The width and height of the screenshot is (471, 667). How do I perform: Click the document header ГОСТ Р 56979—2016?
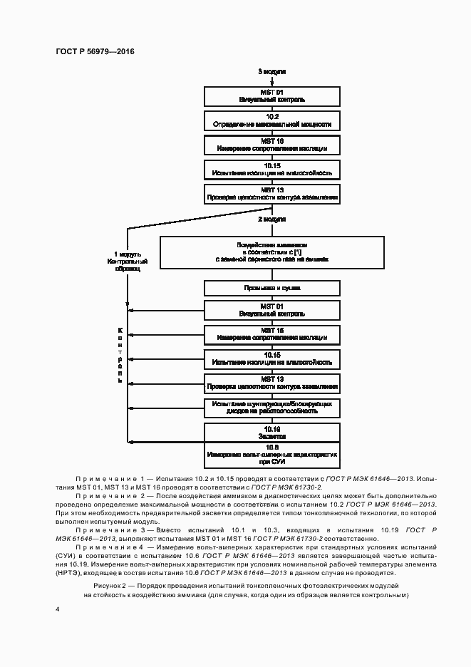95,52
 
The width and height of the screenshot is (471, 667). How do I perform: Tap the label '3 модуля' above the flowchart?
271,73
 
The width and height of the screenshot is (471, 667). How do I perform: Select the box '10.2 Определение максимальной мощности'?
271,120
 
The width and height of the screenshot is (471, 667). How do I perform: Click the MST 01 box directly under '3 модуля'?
271,95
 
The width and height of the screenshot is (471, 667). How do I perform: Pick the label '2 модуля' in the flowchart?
271,219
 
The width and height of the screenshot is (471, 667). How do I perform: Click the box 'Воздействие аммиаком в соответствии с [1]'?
271,252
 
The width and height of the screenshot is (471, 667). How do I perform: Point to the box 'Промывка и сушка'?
271,288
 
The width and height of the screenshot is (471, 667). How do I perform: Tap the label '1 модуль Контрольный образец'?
128,262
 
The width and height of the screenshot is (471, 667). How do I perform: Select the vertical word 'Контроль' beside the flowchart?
120,355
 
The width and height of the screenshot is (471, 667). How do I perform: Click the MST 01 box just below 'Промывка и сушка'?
271,309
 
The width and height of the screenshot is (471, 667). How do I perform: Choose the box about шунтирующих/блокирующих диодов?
271,408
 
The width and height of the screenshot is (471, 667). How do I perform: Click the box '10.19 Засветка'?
271,432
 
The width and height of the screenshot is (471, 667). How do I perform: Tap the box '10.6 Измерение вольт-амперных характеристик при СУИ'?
271,453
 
